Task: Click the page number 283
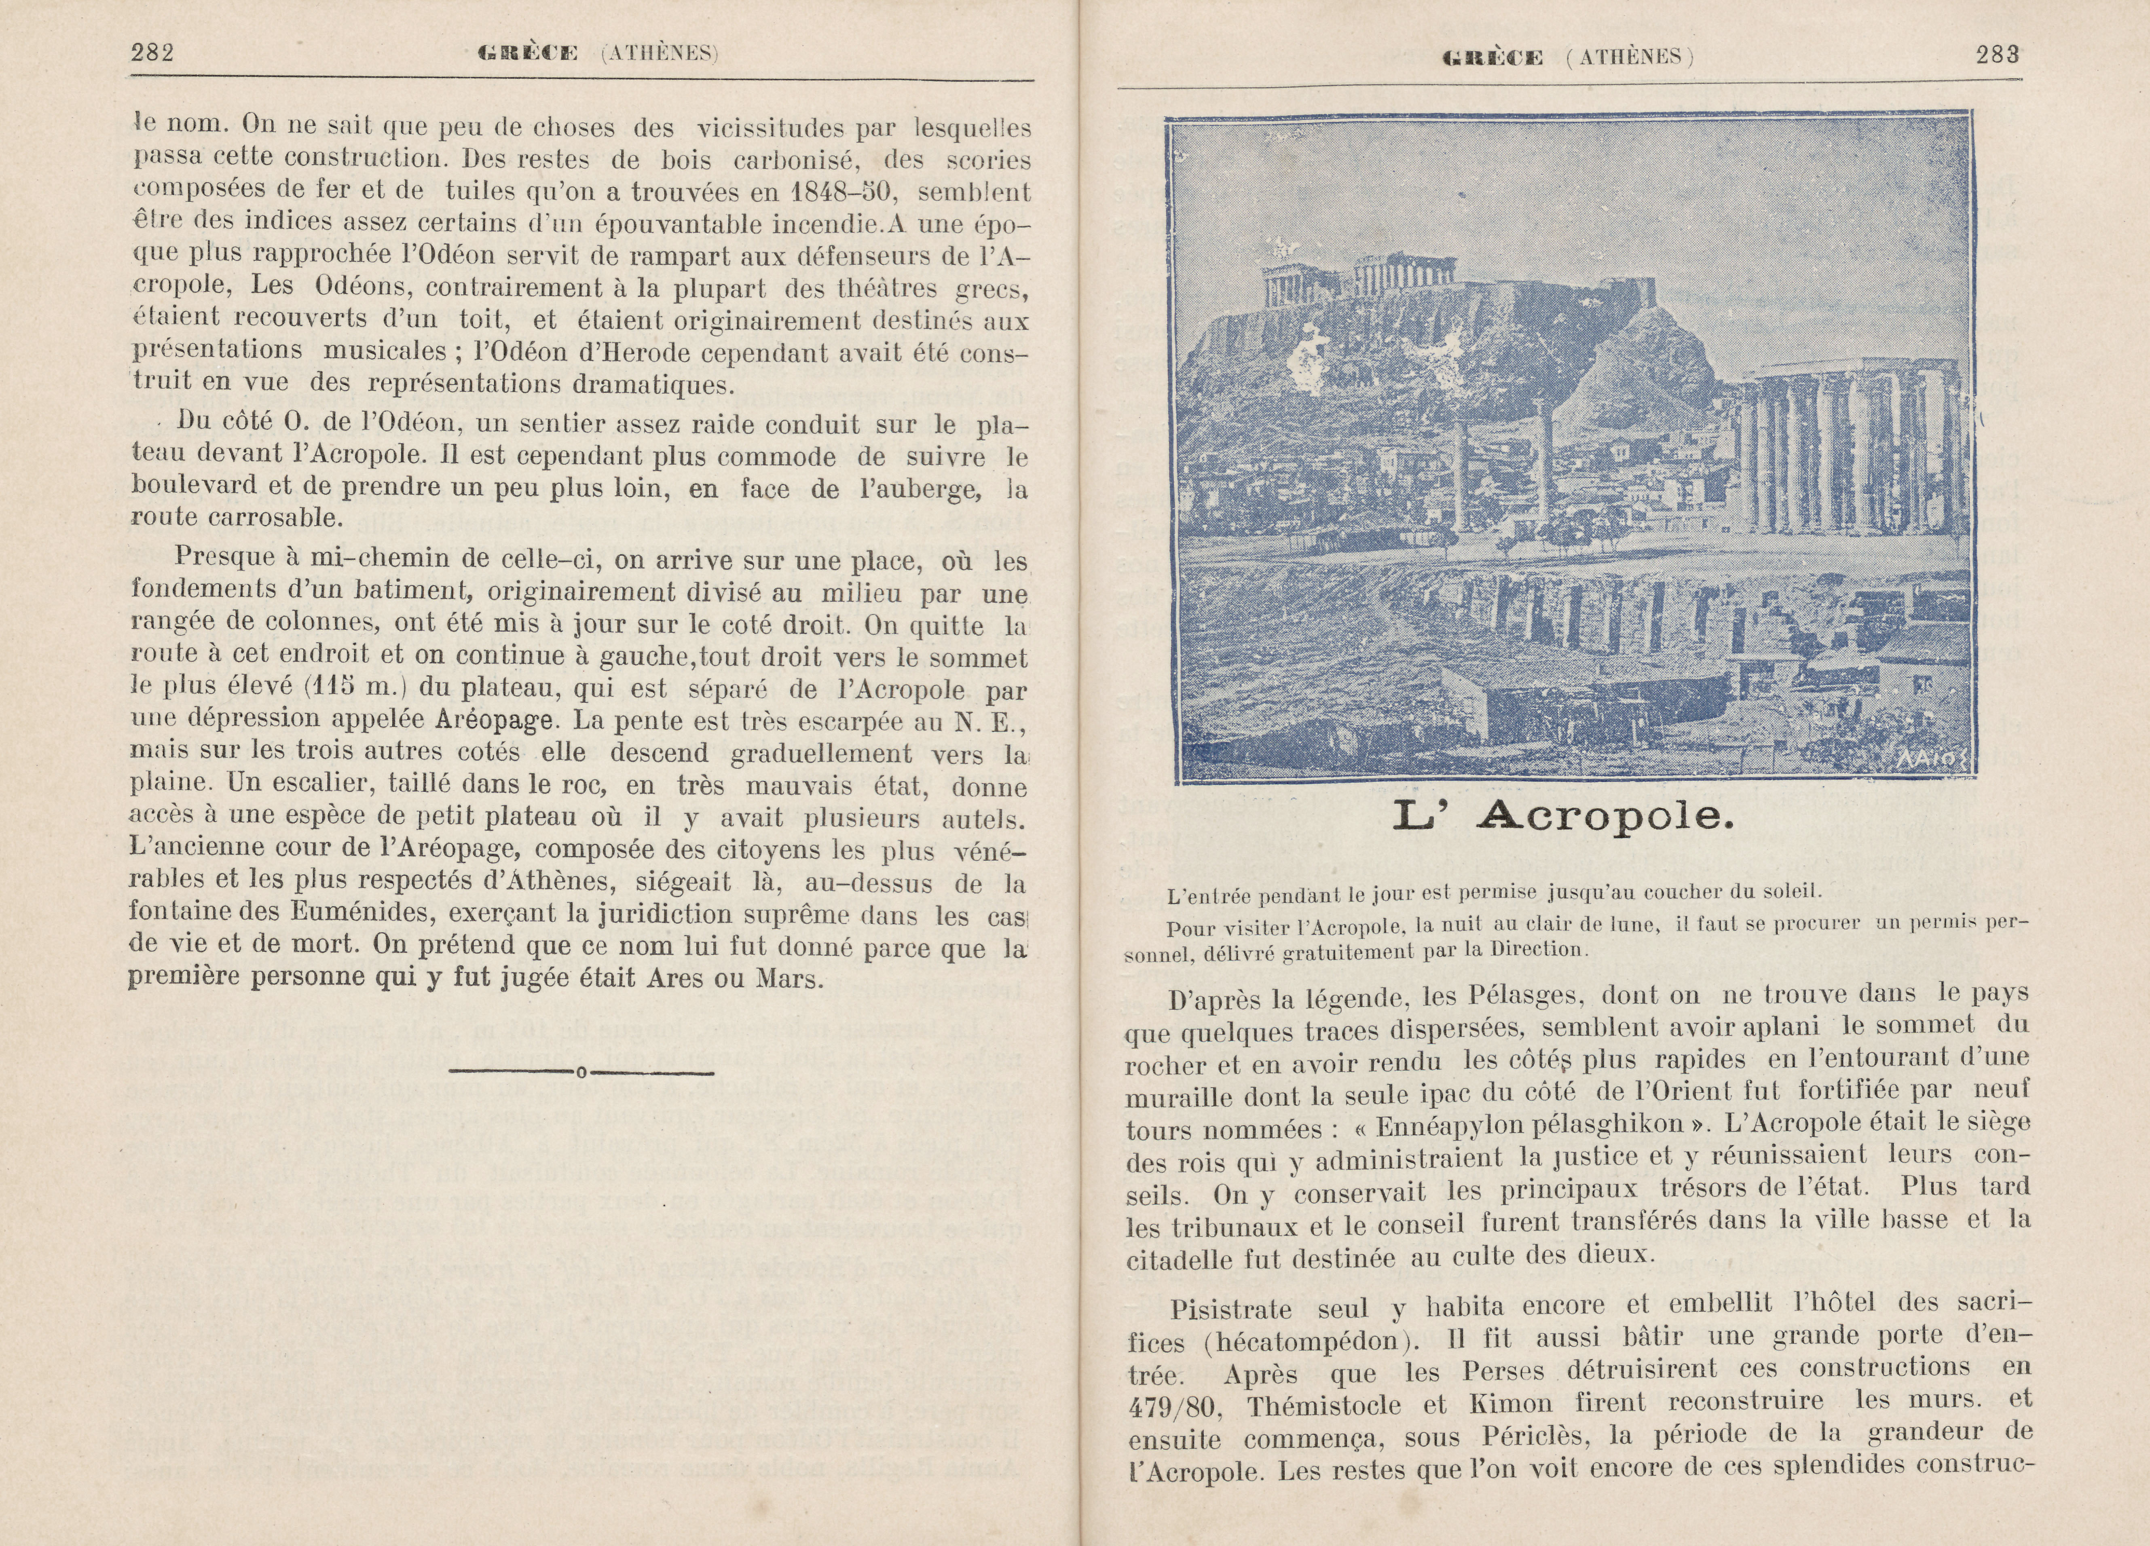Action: click(1998, 55)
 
